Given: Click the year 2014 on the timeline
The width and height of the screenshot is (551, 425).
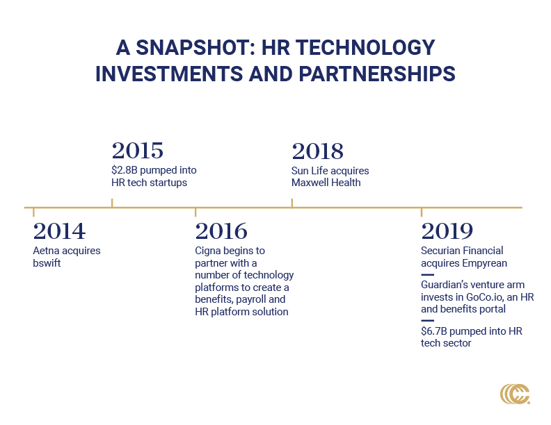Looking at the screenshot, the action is click(x=59, y=231).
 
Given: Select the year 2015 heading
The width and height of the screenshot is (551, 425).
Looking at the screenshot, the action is click(x=138, y=151).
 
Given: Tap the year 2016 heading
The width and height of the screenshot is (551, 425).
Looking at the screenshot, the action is click(x=221, y=231).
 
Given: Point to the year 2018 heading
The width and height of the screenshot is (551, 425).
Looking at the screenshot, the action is click(x=318, y=151).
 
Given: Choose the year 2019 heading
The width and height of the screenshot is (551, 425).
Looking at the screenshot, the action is click(x=447, y=231).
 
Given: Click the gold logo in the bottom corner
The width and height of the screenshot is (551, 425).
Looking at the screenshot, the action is click(x=515, y=394).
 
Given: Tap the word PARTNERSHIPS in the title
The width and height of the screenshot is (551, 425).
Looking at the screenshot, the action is click(x=377, y=74).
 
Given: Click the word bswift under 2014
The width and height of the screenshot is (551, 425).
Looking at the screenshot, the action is click(x=47, y=263).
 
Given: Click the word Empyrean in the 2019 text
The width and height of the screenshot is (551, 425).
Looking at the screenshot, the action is click(x=485, y=263).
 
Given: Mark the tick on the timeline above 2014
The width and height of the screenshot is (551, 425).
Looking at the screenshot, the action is click(x=33, y=212).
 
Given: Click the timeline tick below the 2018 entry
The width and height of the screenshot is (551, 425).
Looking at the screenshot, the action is click(x=292, y=203).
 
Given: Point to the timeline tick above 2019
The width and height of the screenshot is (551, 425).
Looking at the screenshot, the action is click(x=422, y=212).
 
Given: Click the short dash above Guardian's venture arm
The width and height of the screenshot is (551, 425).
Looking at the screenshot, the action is click(x=427, y=274).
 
